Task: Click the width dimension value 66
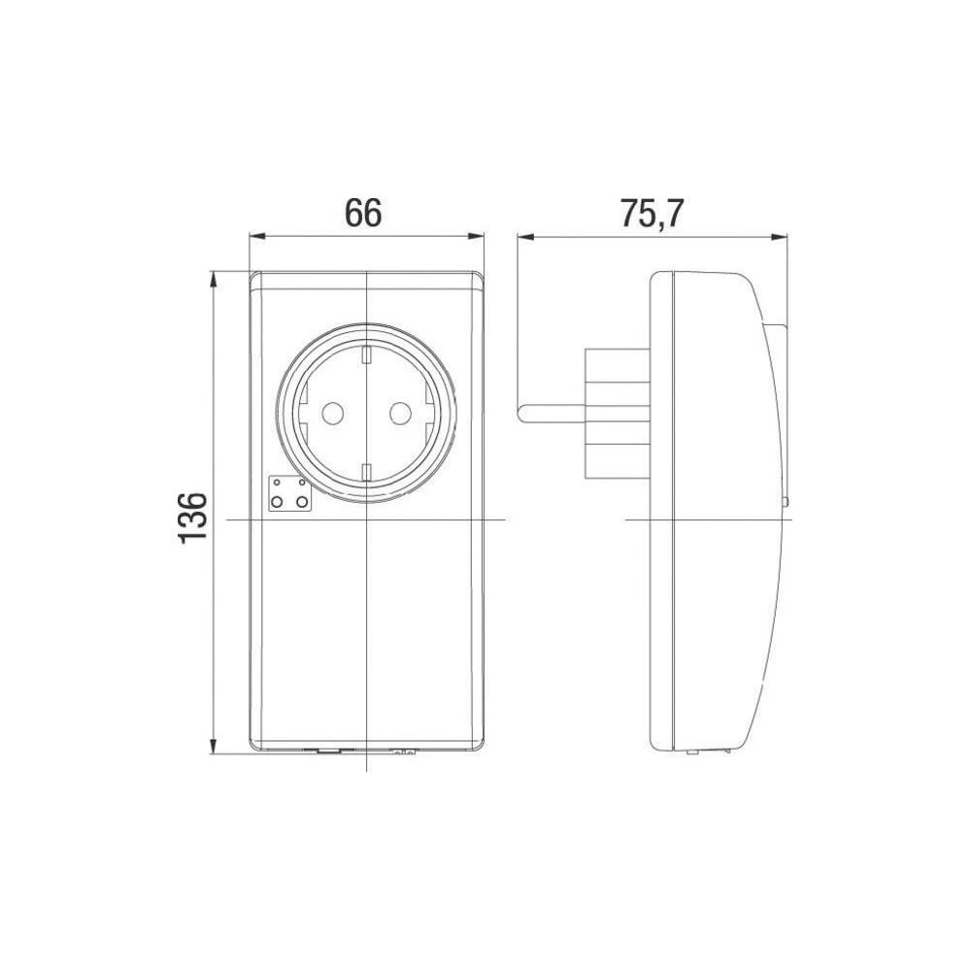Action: [x=364, y=213]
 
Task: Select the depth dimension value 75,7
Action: [x=653, y=213]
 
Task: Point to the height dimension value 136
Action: [x=193, y=516]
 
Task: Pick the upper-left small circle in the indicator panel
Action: [x=278, y=482]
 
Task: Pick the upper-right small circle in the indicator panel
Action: [x=302, y=482]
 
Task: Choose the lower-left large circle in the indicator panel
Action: [x=278, y=501]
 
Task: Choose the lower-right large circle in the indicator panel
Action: [x=302, y=501]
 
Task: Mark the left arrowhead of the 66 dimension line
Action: [x=255, y=235]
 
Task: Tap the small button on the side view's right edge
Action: [x=785, y=502]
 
